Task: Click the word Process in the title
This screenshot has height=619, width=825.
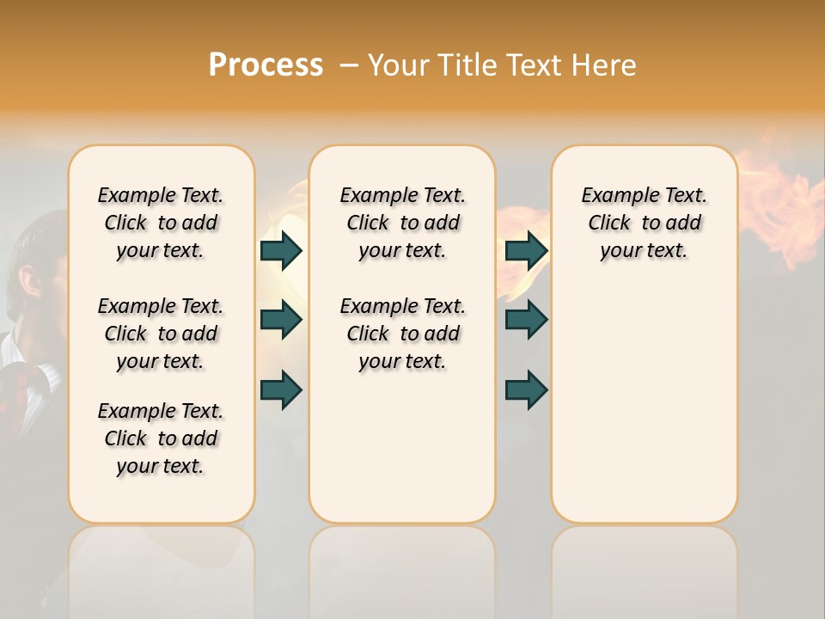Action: (x=266, y=65)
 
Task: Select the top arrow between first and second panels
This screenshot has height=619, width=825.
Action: (x=281, y=250)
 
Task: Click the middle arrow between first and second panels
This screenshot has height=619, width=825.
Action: (x=281, y=320)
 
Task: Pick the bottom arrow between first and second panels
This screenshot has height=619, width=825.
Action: (x=281, y=389)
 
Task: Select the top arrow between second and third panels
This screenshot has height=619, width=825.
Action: (x=527, y=250)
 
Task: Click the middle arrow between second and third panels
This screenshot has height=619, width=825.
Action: (x=527, y=320)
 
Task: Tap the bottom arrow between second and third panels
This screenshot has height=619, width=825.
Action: (x=527, y=389)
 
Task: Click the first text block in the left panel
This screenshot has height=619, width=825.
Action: (x=161, y=223)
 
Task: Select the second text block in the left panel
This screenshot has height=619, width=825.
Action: (x=161, y=334)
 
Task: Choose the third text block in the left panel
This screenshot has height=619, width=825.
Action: (x=161, y=438)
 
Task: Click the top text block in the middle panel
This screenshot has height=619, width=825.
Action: (x=402, y=223)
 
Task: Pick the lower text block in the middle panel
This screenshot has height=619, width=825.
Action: (x=402, y=334)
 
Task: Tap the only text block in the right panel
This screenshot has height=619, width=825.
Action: (x=644, y=223)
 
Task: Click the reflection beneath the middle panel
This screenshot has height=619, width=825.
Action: (x=402, y=567)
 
